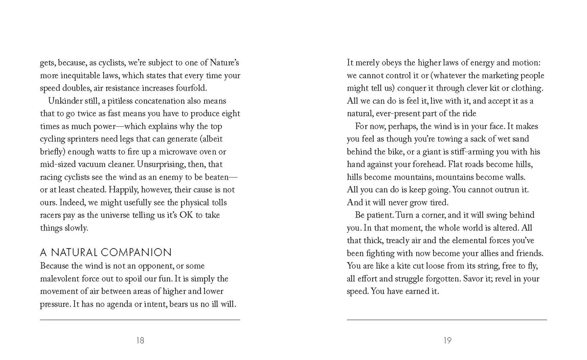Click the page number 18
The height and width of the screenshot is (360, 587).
(x=140, y=341)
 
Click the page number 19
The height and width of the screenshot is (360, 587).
(x=447, y=341)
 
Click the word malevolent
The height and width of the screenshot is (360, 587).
(x=61, y=279)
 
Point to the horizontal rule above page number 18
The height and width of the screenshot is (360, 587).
(x=140, y=320)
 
